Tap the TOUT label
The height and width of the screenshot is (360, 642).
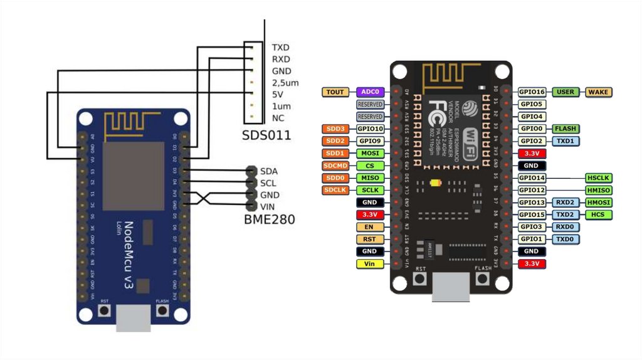335,92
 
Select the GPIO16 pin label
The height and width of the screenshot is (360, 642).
533,92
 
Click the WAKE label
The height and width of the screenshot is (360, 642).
599,92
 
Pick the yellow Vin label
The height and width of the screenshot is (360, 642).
369,263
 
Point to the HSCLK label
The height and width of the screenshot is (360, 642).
599,178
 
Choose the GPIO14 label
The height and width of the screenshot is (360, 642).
533,178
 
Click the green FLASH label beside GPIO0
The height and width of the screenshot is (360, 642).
566,129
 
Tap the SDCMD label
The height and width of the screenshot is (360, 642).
335,166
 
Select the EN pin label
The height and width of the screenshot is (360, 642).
369,227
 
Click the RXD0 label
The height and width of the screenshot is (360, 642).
566,227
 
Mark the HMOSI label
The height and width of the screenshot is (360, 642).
599,203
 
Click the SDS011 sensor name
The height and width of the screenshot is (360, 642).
266,135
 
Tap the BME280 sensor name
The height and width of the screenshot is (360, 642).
269,220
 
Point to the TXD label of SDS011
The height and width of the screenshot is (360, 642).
280,48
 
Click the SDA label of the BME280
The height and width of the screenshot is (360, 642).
269,171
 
